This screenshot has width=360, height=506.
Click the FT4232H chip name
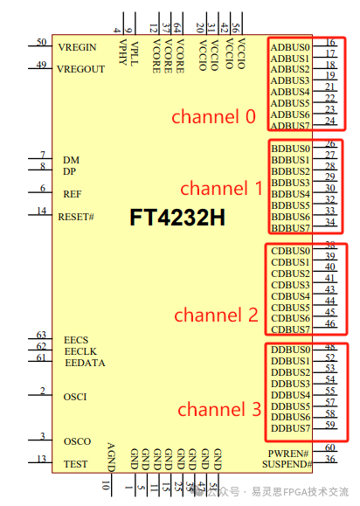pyautogui.click(x=177, y=218)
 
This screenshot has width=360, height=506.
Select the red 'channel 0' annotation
pyautogui.click(x=213, y=116)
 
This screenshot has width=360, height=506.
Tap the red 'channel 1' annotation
pyautogui.click(x=221, y=188)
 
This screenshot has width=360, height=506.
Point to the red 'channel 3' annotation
pyautogui.click(x=219, y=409)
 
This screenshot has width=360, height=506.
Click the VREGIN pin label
pyautogui.click(x=77, y=46)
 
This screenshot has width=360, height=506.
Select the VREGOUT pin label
pyautogui.click(x=80, y=69)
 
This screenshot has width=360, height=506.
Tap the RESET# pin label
pyautogui.click(x=76, y=216)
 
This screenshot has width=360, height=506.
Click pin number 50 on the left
pyautogui.click(x=41, y=42)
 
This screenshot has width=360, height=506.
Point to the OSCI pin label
pyautogui.click(x=75, y=397)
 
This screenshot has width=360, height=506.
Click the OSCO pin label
pyautogui.click(x=77, y=441)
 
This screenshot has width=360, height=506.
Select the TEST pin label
pyautogui.click(x=76, y=464)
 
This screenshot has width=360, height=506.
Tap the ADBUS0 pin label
pyautogui.click(x=289, y=46)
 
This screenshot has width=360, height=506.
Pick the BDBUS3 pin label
pyautogui.click(x=289, y=183)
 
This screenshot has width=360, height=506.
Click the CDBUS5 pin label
pyautogui.click(x=289, y=308)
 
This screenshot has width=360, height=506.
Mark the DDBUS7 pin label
pyautogui.click(x=289, y=429)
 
